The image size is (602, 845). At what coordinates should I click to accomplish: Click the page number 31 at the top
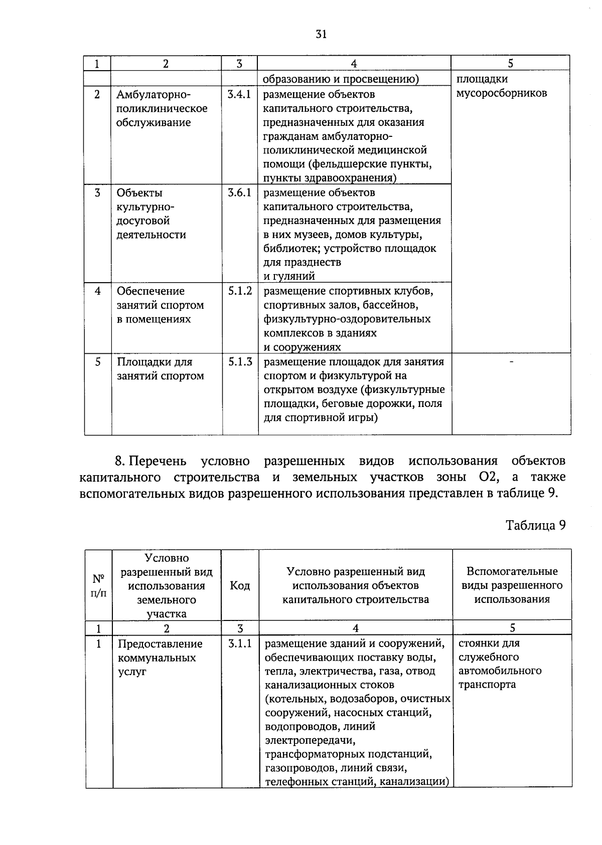pyautogui.click(x=321, y=34)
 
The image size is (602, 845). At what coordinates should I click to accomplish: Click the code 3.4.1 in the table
pyautogui.click(x=239, y=94)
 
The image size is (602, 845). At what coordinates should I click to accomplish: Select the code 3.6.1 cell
pyautogui.click(x=239, y=192)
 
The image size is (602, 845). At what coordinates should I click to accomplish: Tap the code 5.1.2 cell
pyautogui.click(x=240, y=291)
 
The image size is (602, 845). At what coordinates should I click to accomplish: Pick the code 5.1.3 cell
pyautogui.click(x=240, y=361)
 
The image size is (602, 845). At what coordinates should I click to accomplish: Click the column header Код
pyautogui.click(x=240, y=585)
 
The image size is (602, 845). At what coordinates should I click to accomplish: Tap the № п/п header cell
pyautogui.click(x=99, y=585)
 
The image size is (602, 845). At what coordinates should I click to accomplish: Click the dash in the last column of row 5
pyautogui.click(x=511, y=361)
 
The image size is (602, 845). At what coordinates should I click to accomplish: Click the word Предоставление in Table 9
pyautogui.click(x=160, y=644)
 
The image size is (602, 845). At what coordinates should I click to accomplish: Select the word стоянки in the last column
pyautogui.click(x=475, y=643)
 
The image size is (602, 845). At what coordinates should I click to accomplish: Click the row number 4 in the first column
pyautogui.click(x=98, y=291)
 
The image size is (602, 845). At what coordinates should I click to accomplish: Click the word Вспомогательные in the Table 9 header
pyautogui.click(x=512, y=571)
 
